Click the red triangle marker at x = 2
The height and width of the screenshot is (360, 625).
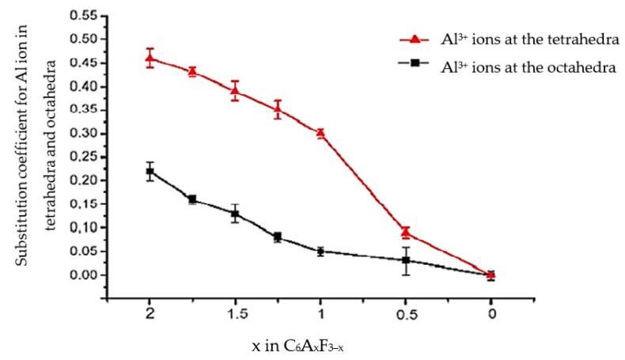150,57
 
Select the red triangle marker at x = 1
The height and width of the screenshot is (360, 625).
320,133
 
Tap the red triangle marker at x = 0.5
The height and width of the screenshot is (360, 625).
406,232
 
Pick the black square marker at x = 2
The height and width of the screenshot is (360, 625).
150,171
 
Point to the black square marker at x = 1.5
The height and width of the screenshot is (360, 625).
235,214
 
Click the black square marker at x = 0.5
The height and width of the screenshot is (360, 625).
406,260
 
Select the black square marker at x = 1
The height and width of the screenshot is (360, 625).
320,252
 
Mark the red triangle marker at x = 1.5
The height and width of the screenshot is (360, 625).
235,90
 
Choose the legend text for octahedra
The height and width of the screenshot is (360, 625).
528,67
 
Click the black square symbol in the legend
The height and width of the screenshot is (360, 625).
417,68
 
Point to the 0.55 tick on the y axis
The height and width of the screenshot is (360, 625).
104,15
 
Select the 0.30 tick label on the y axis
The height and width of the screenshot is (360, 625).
82,133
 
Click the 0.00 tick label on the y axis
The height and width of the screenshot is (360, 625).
82,275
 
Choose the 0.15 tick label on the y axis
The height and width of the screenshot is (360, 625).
82,204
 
